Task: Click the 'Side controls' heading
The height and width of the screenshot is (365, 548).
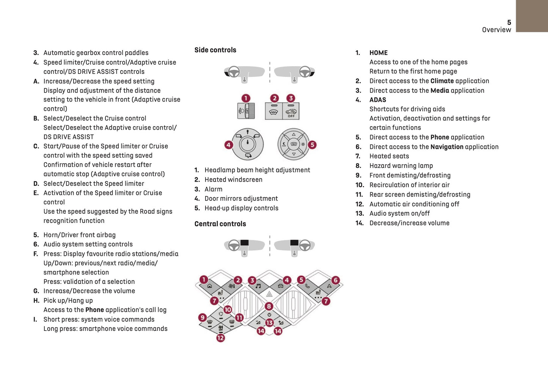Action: [x=215, y=50]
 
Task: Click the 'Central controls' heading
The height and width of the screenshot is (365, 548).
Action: [x=220, y=224]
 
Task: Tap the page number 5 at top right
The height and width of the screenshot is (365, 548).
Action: [x=509, y=22]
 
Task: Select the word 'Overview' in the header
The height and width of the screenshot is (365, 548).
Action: [x=496, y=30]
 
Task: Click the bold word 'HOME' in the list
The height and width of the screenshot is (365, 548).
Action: [x=378, y=53]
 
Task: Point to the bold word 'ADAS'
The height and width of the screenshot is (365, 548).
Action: [x=378, y=100]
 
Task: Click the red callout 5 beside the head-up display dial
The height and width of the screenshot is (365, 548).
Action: [x=312, y=144]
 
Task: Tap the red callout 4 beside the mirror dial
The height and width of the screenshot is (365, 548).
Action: [x=228, y=144]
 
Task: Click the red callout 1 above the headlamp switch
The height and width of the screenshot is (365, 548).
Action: [x=246, y=98]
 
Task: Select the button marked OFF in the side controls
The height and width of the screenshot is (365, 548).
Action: [x=291, y=111]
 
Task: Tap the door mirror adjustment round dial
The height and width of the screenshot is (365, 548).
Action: [x=248, y=144]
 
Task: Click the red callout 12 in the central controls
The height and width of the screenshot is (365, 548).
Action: [x=220, y=338]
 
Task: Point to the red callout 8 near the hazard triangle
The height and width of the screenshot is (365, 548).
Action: [x=269, y=306]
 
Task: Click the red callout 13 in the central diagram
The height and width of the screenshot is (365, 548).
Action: [x=269, y=323]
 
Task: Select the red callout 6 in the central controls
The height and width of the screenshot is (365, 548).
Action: [x=335, y=280]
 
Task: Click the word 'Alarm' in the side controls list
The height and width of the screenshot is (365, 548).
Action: [x=214, y=189]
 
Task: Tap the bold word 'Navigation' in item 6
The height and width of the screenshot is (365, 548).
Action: [x=447, y=147]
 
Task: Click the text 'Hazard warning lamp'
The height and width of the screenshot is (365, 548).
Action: [x=401, y=166]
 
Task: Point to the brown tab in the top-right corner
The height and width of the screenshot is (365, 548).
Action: [x=532, y=16]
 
